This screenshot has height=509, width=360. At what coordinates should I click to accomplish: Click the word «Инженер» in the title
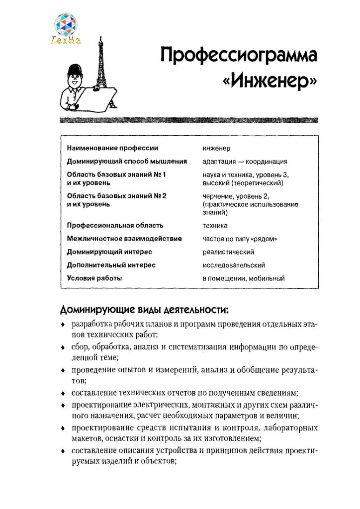click(271, 80)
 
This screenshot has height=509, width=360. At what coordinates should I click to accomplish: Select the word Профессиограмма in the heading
click(239, 54)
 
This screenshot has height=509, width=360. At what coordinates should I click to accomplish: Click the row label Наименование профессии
click(112, 148)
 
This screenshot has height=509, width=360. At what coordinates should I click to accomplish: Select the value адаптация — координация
click(245, 162)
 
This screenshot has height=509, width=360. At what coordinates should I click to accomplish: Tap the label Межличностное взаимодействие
click(124, 239)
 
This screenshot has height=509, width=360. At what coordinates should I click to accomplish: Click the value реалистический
click(228, 252)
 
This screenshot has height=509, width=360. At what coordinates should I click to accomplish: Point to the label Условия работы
click(94, 278)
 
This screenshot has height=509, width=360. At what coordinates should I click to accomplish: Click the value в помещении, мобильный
click(244, 278)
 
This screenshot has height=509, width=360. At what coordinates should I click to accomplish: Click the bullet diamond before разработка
click(62, 325)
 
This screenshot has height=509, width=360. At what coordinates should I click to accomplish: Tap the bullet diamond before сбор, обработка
click(62, 348)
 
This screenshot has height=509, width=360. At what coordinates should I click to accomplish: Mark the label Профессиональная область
click(115, 225)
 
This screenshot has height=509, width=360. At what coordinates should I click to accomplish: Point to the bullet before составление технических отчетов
click(62, 393)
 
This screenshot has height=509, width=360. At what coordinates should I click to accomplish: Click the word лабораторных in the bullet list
click(291, 427)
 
